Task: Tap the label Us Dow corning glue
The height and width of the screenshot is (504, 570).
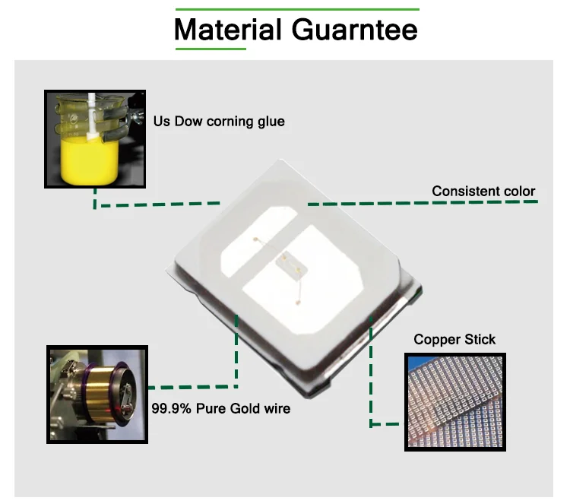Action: (x=219, y=121)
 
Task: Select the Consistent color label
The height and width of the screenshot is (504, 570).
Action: (x=483, y=191)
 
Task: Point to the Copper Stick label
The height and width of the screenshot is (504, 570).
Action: (x=454, y=339)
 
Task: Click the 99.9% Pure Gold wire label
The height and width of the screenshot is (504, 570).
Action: (x=220, y=408)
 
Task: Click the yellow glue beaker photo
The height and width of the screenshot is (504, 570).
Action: (x=94, y=139)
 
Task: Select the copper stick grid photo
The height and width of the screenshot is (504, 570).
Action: (x=454, y=401)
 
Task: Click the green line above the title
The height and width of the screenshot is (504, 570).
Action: (x=296, y=10)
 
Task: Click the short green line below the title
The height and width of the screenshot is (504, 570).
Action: (x=211, y=49)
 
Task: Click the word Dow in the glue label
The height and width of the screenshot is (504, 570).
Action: (x=188, y=121)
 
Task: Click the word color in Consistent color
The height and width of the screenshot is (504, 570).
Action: (x=518, y=191)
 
